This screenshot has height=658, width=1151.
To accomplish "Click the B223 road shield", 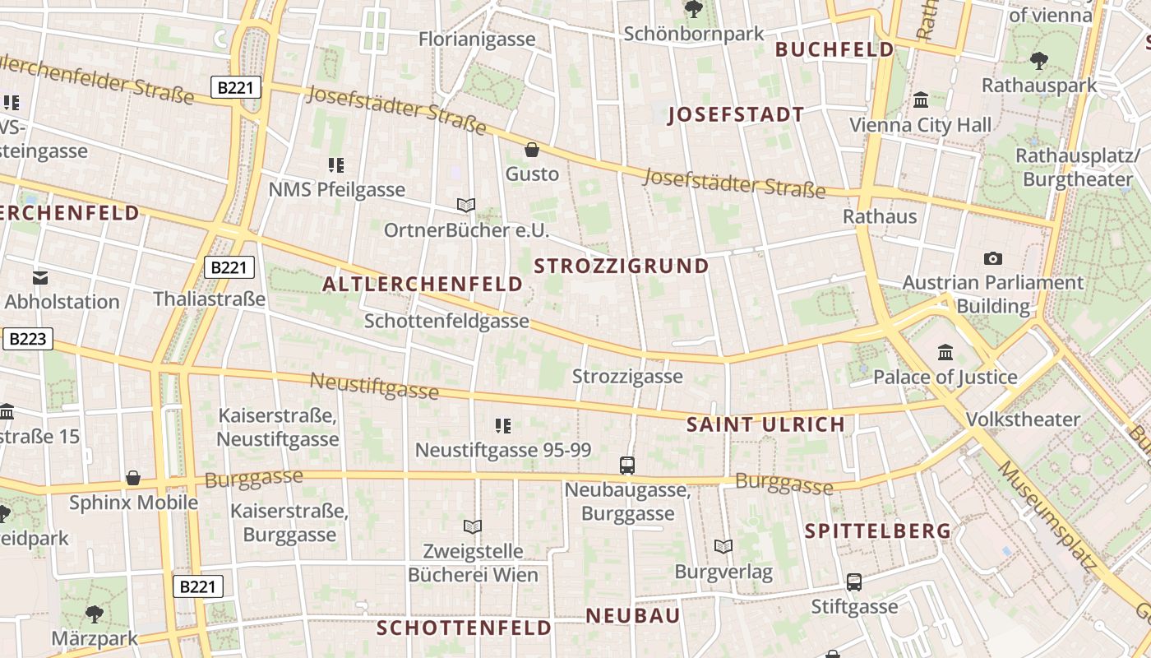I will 28,339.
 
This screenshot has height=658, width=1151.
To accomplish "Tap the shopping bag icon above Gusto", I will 532,150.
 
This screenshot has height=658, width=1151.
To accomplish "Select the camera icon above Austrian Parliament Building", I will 993,258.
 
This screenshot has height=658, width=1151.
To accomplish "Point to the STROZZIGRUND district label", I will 622,266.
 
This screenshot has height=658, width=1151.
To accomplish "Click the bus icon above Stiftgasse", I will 854,582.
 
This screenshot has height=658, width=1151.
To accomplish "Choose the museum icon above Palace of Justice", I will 945,353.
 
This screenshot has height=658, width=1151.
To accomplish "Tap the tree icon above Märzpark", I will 94,614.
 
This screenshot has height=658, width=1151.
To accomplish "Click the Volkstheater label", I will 1023,419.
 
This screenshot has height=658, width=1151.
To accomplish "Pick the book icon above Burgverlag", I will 723,546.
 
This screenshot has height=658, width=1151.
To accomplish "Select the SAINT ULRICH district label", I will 765,424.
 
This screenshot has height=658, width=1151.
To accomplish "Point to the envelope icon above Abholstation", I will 39,278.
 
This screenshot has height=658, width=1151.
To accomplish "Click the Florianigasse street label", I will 477,39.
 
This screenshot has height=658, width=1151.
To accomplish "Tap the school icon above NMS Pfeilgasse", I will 336,165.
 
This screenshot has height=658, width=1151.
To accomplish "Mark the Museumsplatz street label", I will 1048,516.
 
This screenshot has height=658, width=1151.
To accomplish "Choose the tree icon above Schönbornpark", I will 694,10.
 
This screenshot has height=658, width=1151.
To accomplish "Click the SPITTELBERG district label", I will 878,531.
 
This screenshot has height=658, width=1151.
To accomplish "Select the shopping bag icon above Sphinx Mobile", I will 133,478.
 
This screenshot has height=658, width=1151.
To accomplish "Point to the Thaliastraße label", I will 210,299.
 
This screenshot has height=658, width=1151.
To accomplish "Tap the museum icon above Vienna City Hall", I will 921,100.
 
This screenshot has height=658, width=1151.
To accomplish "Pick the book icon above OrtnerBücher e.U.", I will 466,205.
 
